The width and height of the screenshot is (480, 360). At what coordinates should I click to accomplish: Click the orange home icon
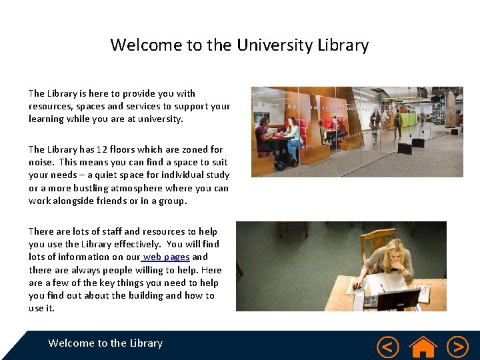[423, 346]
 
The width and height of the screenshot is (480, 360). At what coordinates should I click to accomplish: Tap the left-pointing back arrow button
[387, 347]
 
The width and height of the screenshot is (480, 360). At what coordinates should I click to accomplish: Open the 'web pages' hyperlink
[167, 257]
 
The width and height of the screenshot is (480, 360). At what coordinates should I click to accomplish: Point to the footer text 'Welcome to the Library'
[105, 343]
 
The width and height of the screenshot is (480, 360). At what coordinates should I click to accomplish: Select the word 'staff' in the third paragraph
[109, 231]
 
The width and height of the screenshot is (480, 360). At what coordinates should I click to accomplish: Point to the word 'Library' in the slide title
[343, 45]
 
